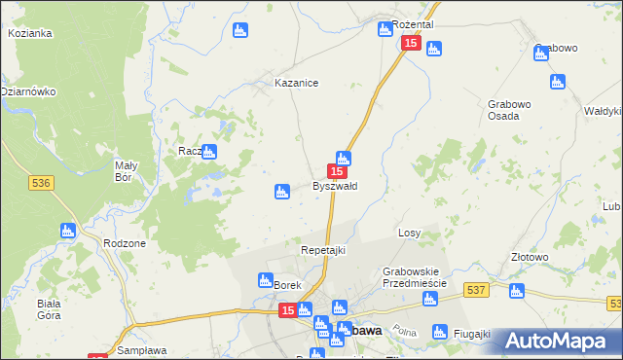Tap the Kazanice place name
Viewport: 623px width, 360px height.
pos(297,84)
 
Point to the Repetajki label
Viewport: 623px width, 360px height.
pos(322,250)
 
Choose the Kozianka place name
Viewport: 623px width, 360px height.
pos(29,33)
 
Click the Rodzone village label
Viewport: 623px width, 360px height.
pos(124,243)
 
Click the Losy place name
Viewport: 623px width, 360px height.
pos(409,234)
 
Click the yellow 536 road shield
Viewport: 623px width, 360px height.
pos(40,183)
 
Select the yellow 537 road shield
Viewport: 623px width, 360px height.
pos(476,290)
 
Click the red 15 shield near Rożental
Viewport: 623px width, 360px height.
pos(410,44)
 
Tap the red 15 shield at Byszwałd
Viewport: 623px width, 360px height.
pos(336,170)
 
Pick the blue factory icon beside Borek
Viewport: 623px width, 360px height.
pos(265,281)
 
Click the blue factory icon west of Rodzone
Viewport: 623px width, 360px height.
pos(67,231)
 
